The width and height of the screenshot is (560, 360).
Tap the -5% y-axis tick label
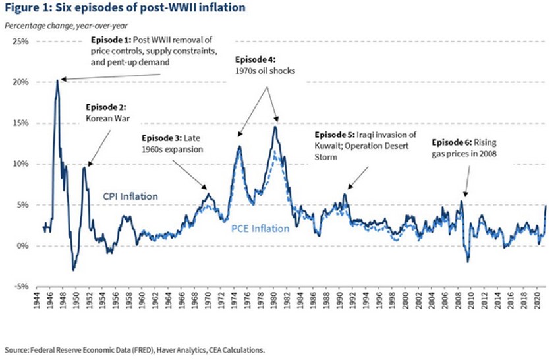pos(22,286)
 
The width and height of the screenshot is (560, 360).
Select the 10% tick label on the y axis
pos(22,164)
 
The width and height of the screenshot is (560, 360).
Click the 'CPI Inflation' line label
pos(130,196)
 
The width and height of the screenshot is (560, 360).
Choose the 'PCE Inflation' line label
pos(260,229)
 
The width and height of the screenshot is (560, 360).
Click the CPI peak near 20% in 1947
pos(57,81)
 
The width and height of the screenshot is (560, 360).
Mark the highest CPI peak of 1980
pos(275,126)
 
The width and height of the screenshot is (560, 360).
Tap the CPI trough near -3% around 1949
pos(74,270)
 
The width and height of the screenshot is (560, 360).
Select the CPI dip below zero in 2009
pos(468,262)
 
